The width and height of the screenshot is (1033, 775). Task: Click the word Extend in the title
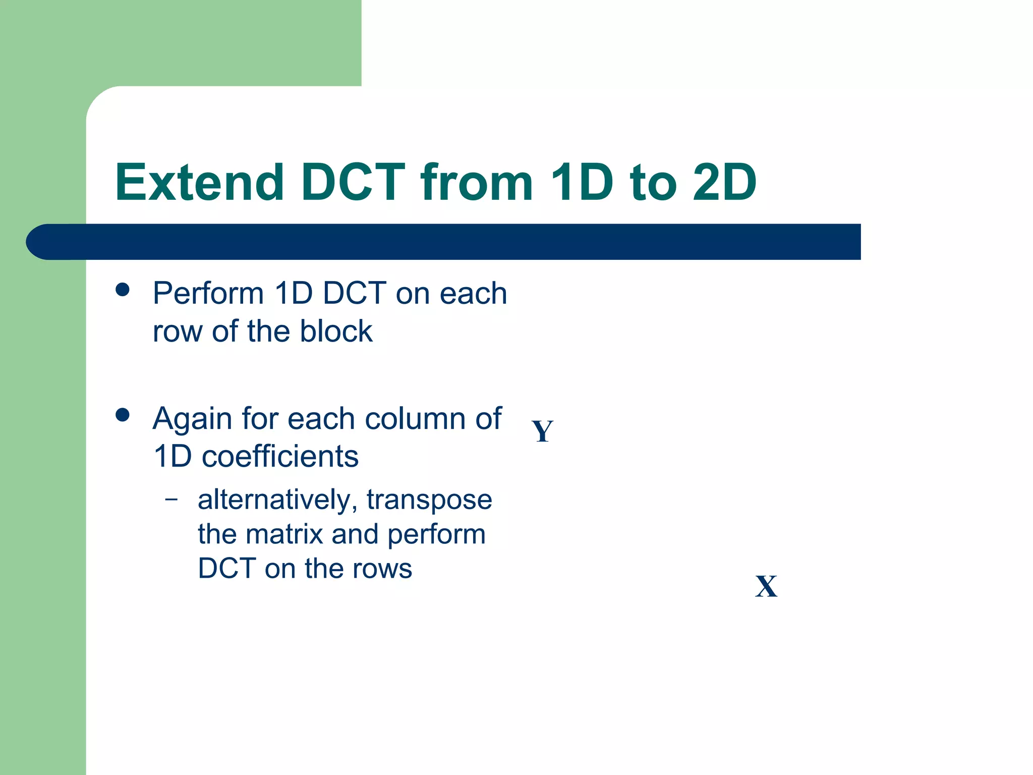[x=199, y=182]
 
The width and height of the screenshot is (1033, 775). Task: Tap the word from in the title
[x=476, y=182]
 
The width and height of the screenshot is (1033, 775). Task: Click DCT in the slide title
[x=353, y=182]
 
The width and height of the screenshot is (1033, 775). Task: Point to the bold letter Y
[x=542, y=431]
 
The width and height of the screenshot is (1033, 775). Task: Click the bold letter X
[x=766, y=586]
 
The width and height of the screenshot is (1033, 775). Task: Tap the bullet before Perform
[x=123, y=290]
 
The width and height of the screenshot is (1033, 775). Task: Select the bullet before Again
[x=123, y=415]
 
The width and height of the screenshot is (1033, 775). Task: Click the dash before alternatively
[x=171, y=500]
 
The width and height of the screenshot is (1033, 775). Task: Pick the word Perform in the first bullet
[x=208, y=293]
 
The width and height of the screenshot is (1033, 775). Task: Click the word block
[x=336, y=331]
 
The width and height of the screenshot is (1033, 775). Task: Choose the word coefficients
[x=280, y=457]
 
